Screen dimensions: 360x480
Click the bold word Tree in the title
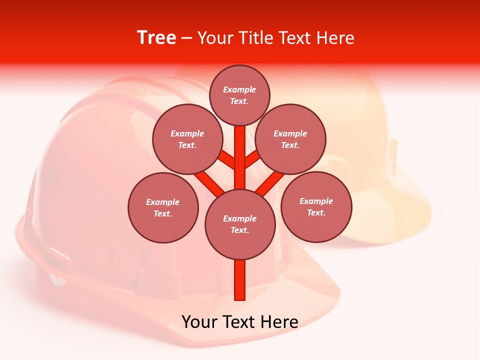(x=156, y=38)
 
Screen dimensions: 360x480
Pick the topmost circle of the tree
(x=239, y=95)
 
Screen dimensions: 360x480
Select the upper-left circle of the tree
(x=187, y=139)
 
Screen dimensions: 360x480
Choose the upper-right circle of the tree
(x=290, y=139)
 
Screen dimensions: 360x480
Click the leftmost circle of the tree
(x=163, y=207)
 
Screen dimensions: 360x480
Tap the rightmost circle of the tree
(x=316, y=206)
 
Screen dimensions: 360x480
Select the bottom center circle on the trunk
(x=240, y=224)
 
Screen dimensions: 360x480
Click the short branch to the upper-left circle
(x=226, y=160)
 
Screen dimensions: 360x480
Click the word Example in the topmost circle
(x=239, y=89)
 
